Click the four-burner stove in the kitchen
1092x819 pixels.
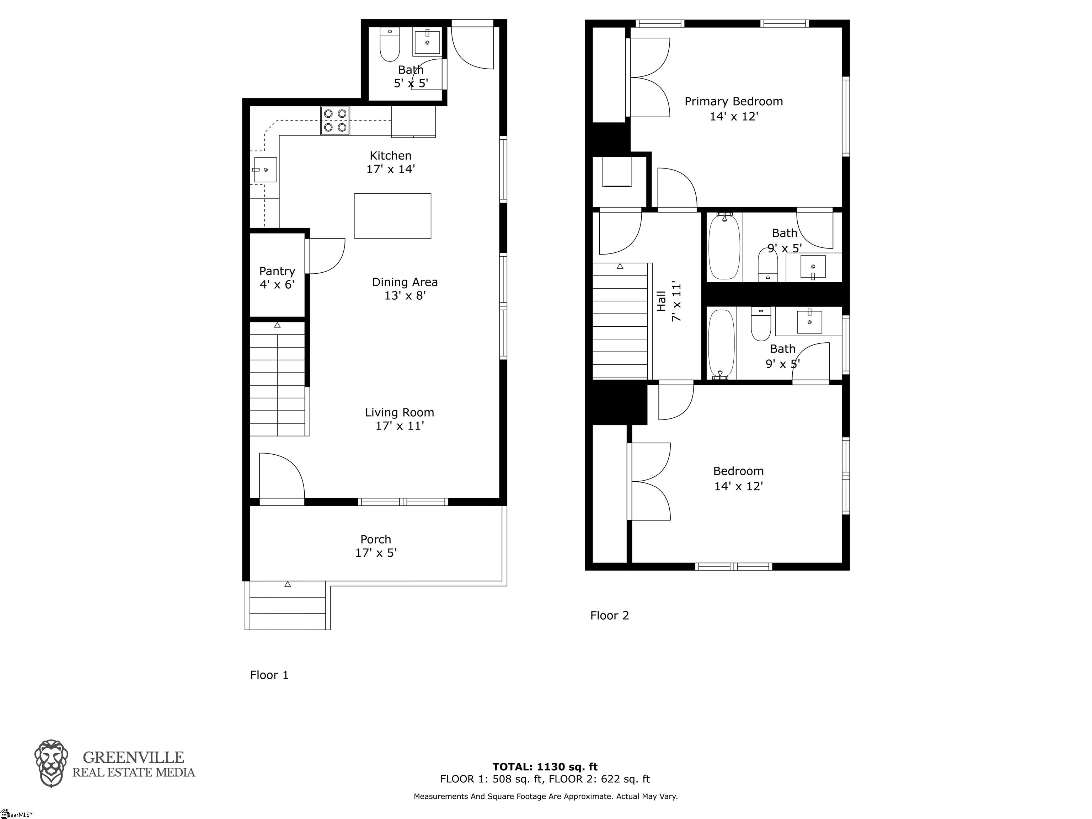pos(335,121)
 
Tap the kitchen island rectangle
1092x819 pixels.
pos(392,216)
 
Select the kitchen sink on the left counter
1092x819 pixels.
pos(265,170)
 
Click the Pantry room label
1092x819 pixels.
pos(277,271)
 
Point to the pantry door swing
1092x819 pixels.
pos(326,256)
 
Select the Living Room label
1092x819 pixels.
pos(400,413)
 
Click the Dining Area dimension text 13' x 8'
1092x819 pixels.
pos(405,295)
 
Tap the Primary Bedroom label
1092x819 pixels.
pos(734,102)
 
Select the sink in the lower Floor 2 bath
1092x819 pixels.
pos(810,321)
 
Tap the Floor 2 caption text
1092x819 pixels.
pos(610,616)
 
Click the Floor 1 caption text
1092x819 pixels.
pos(269,675)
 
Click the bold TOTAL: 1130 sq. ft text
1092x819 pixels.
pos(545,767)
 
